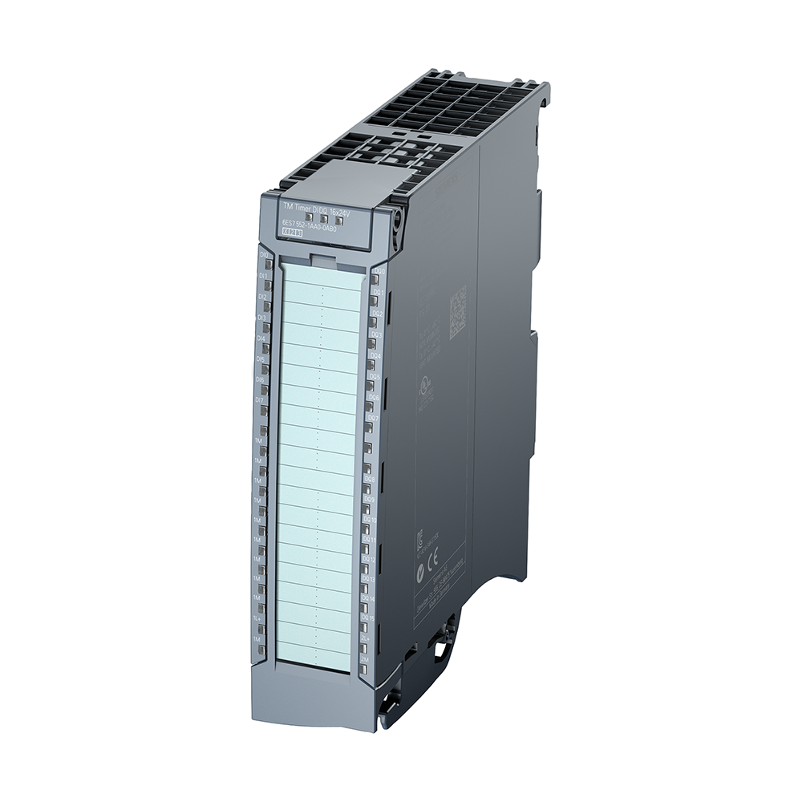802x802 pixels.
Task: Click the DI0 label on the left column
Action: pos(264,255)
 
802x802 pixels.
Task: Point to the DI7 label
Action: pos(260,399)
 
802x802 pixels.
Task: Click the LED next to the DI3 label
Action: pos(265,327)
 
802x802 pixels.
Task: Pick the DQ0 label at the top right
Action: pos(379,272)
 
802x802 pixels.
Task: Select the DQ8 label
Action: pos(370,479)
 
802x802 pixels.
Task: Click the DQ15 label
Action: pos(367,618)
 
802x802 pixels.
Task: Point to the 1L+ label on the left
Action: pos(257,618)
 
